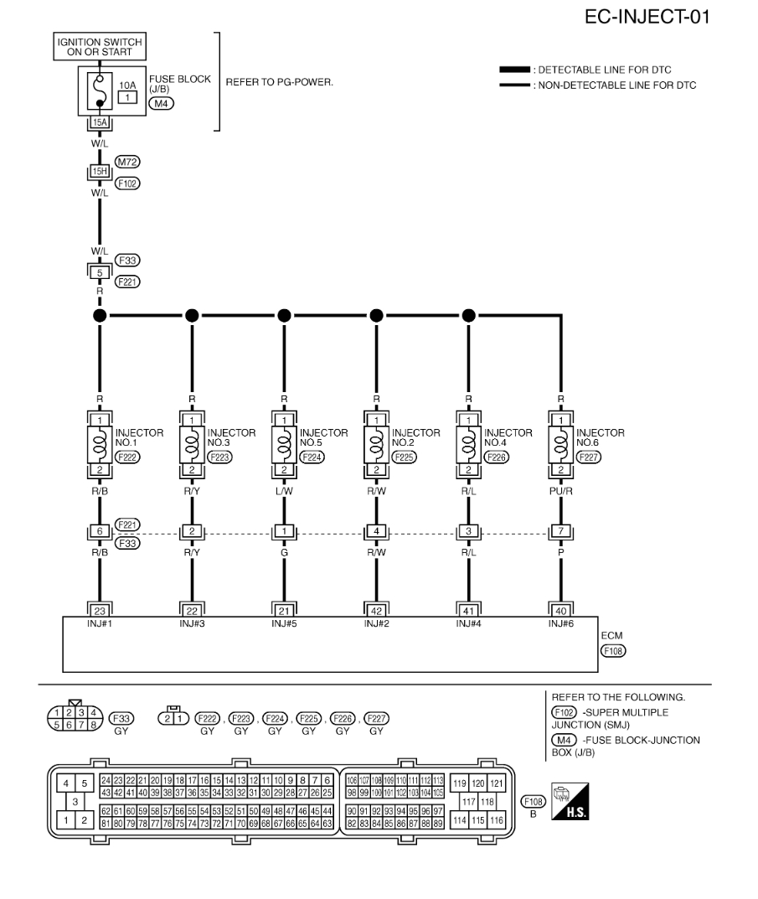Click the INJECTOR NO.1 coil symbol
[101, 440]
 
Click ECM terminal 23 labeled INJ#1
[100, 611]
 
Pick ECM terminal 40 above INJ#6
[560, 611]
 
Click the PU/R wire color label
[559, 483]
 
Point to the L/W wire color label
[284, 483]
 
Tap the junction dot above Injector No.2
[377, 316]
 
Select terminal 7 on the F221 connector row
[560, 531]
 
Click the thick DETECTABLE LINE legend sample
[513, 70]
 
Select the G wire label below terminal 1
[284, 555]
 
